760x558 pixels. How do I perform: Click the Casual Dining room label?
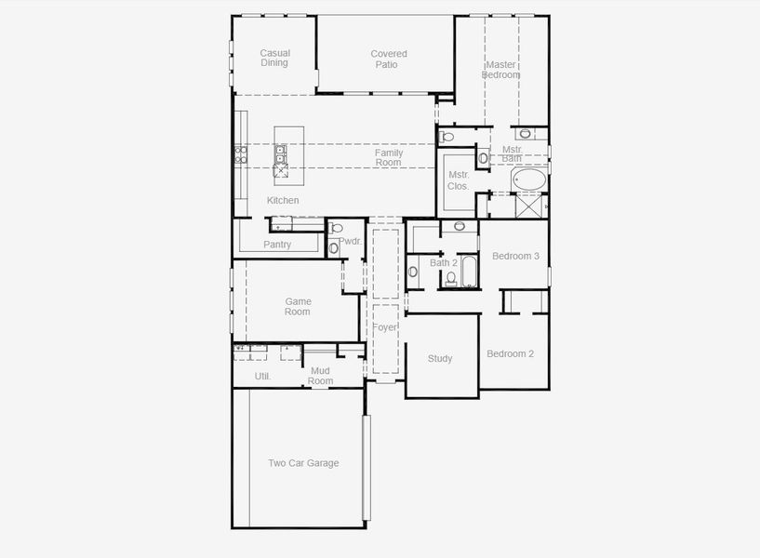click(x=274, y=58)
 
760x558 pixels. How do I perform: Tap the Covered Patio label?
click(x=388, y=60)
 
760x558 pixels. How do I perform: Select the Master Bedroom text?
click(x=500, y=69)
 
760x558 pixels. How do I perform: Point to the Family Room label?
click(x=388, y=157)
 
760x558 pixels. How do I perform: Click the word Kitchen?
click(x=283, y=200)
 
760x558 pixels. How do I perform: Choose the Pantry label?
click(x=277, y=244)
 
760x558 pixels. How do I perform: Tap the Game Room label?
click(x=298, y=306)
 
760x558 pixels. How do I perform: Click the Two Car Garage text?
click(x=303, y=462)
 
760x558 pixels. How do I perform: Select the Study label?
click(x=440, y=358)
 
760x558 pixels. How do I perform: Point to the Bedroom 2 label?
click(x=510, y=353)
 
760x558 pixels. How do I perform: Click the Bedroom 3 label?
click(x=515, y=256)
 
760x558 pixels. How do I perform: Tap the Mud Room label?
click(x=320, y=376)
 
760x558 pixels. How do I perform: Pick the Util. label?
click(x=262, y=376)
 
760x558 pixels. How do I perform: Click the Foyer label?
click(x=384, y=327)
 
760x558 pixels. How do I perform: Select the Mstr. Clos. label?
click(x=458, y=179)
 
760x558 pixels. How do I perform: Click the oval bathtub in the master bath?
click(x=529, y=179)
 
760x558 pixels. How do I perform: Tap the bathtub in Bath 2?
click(x=469, y=272)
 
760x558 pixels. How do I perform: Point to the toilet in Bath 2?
click(x=451, y=278)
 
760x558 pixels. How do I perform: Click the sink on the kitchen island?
click(x=280, y=154)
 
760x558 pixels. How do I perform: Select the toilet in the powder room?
click(x=337, y=228)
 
